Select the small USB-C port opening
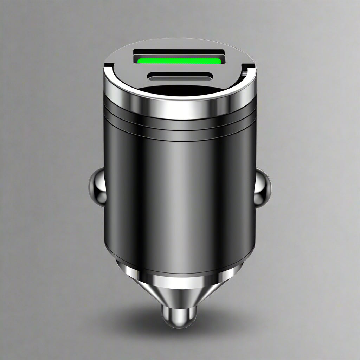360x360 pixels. [179, 76]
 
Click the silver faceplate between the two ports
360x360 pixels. [179, 69]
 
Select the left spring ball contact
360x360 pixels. [97, 186]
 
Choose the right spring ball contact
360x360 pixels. [263, 188]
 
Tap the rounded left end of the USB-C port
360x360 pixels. [151, 76]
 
